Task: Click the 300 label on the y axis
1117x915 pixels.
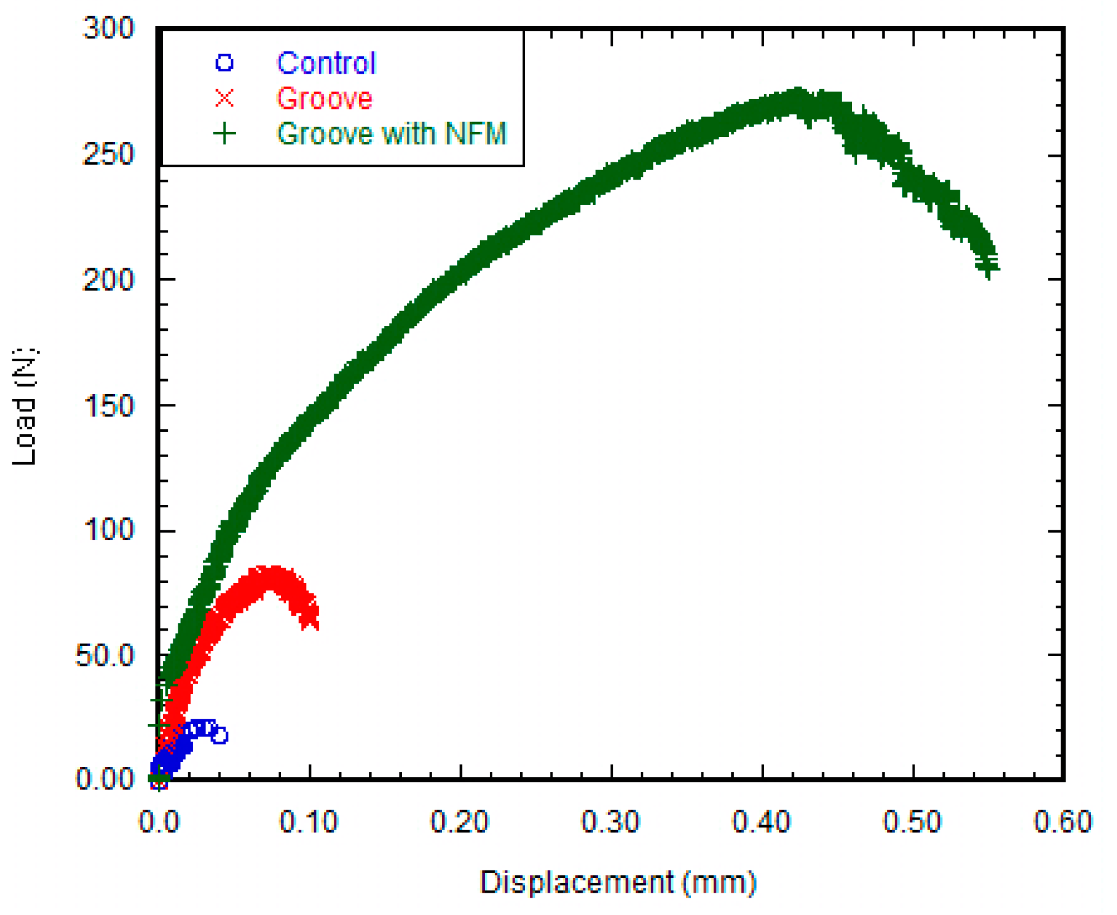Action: (108, 28)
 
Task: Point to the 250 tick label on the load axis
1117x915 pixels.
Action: (108, 154)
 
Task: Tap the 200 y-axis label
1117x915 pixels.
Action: (108, 280)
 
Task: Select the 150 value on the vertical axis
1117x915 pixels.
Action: (108, 406)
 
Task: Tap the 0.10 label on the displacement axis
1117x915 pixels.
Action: (308, 822)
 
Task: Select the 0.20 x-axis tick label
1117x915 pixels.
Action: (459, 822)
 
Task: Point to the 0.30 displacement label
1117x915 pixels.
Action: (610, 822)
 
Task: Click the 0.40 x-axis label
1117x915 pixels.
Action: (761, 822)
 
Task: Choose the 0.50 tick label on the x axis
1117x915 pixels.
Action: (911, 822)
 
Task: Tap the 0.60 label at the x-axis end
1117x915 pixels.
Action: (1063, 822)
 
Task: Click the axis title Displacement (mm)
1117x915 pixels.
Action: (618, 882)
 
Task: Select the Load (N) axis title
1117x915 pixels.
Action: (25, 406)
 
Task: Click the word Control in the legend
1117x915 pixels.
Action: (326, 63)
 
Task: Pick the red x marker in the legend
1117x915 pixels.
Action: (224, 99)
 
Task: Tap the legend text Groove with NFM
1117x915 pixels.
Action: (391, 134)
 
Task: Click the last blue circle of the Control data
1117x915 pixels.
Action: (219, 736)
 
